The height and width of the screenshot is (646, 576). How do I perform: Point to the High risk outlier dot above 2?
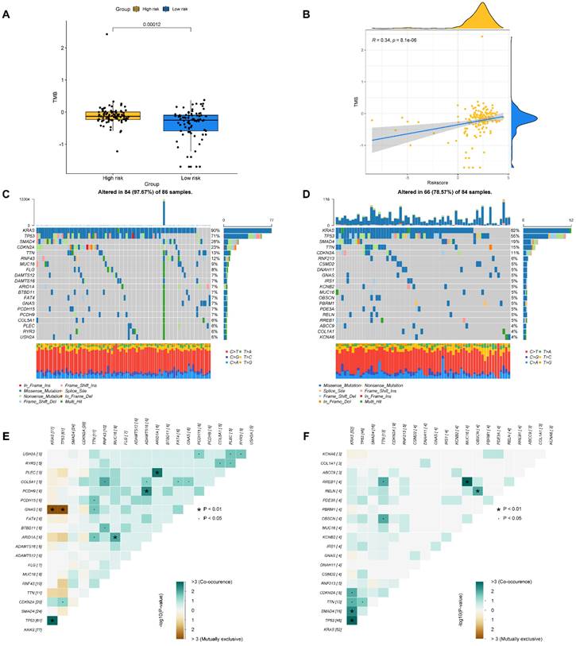click(106, 34)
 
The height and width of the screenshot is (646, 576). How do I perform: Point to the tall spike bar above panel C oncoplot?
click(164, 213)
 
